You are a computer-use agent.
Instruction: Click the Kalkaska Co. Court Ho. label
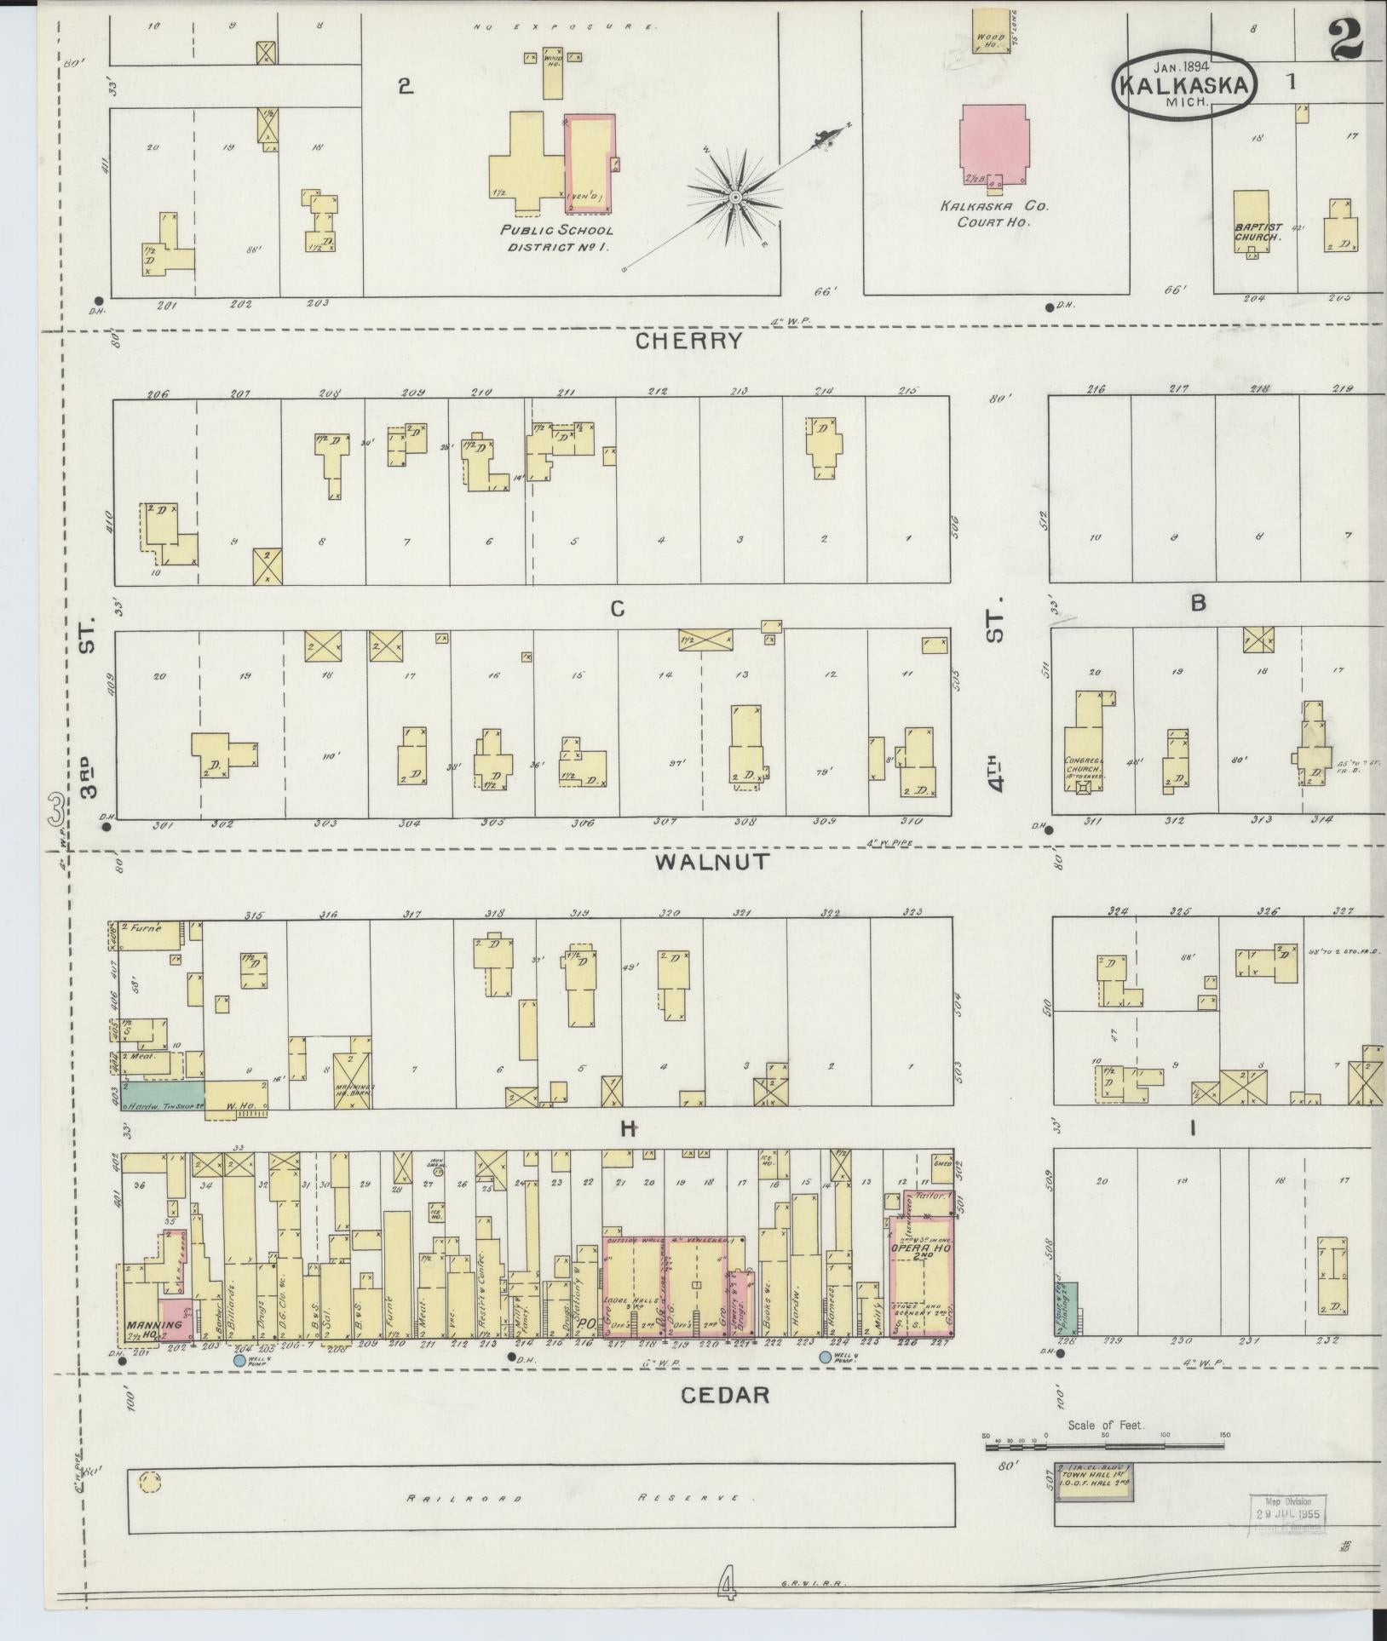coord(994,213)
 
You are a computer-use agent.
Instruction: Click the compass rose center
coord(734,198)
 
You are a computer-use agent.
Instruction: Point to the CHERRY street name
coord(689,341)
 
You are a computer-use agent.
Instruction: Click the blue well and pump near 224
coord(825,1357)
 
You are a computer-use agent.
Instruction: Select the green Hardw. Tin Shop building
coord(162,1096)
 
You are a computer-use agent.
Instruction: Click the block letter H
coord(629,1129)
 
